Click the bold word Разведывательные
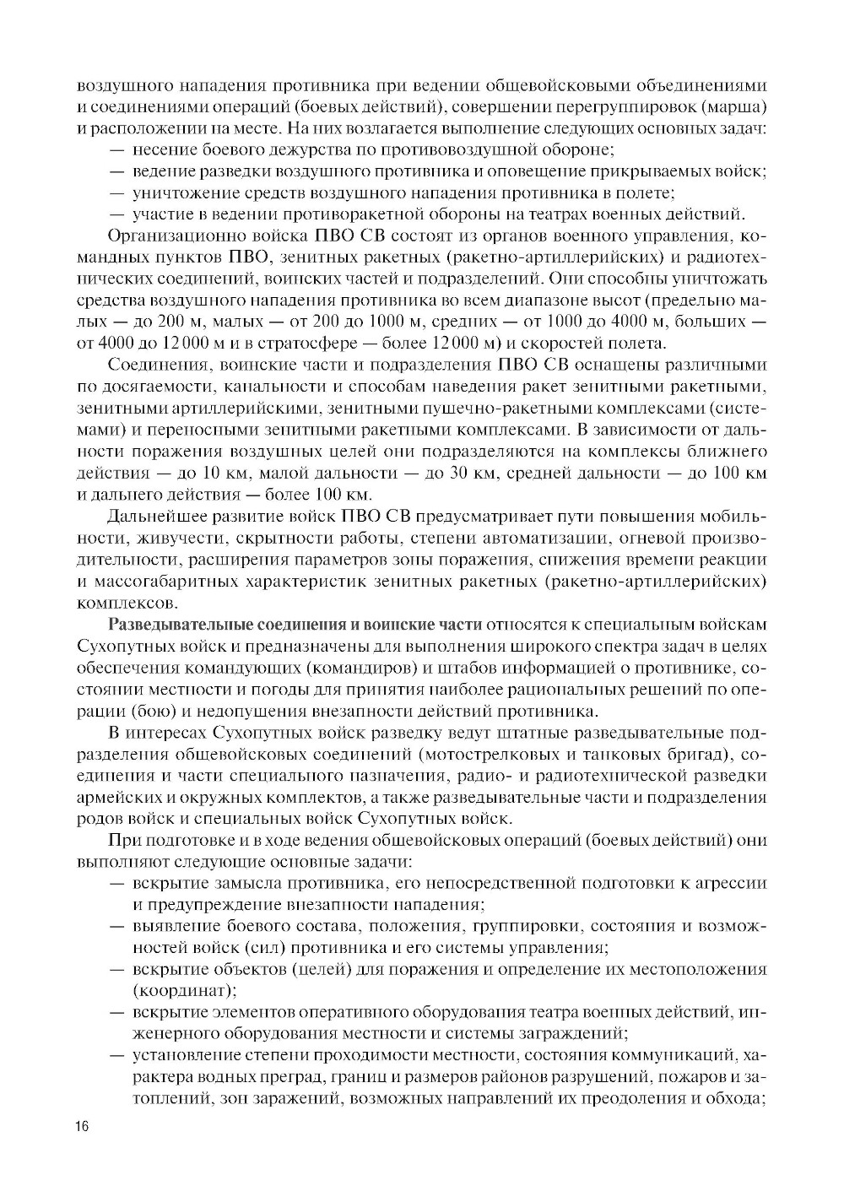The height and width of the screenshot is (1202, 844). point(168,625)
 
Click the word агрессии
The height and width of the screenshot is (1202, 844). point(732,884)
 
